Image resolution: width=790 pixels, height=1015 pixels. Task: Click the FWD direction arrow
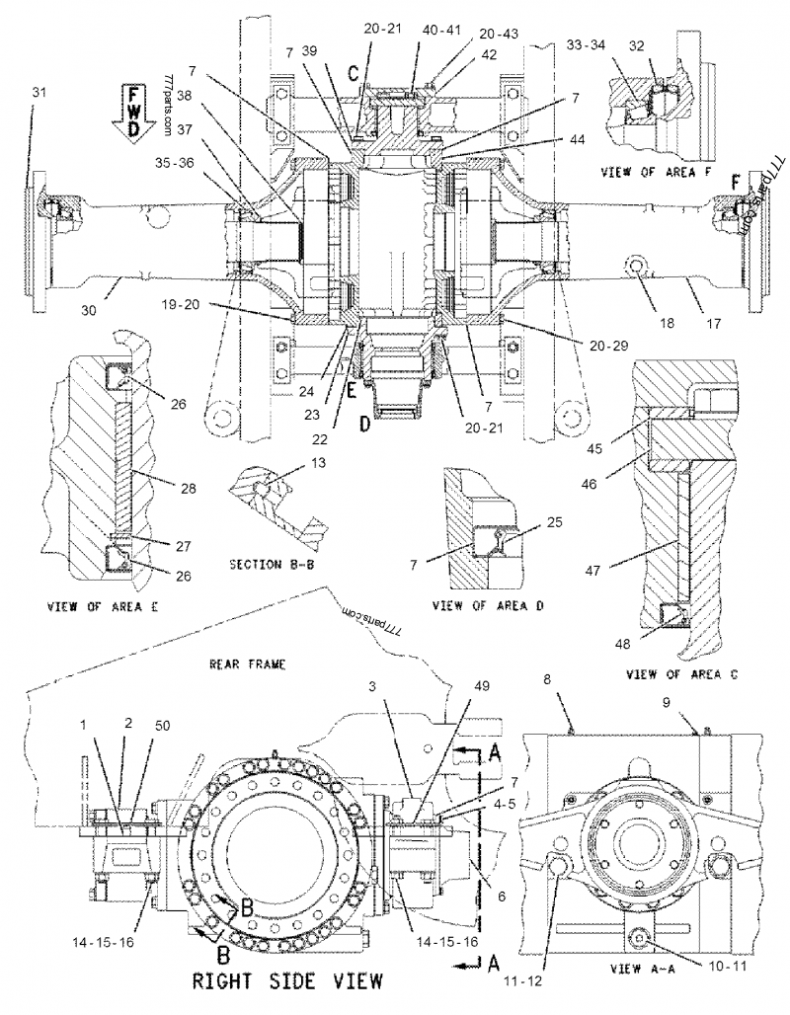[133, 113]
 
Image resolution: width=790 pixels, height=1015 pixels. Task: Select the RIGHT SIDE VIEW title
[282, 981]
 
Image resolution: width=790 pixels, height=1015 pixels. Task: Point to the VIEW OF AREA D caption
[490, 604]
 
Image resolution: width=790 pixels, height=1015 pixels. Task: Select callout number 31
[39, 91]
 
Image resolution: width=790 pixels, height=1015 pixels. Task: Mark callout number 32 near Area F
[664, 44]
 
